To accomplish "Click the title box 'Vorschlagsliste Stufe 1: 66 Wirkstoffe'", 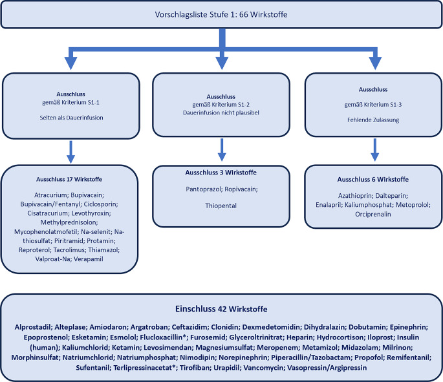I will [x=221, y=14].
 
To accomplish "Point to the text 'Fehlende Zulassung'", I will [x=373, y=120].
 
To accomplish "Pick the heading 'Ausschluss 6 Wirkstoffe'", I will [x=373, y=179].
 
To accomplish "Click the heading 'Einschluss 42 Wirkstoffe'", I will [x=221, y=308].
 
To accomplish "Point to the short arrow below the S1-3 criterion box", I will [x=373, y=151].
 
